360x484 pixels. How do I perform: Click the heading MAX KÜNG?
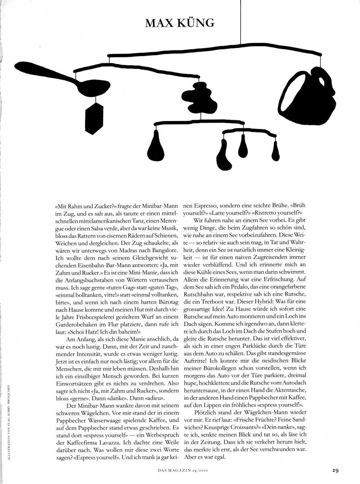tap(179, 23)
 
